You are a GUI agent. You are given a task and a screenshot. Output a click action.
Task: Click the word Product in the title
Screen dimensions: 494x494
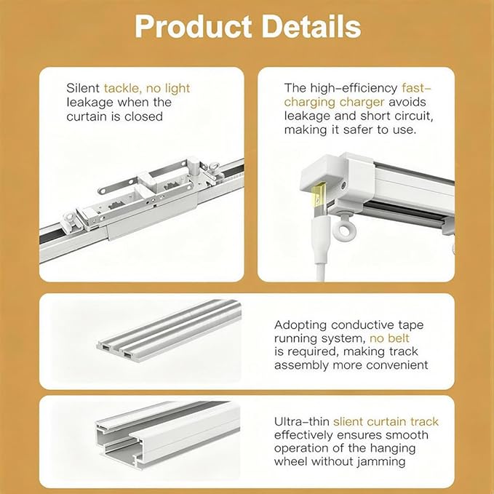[193, 27]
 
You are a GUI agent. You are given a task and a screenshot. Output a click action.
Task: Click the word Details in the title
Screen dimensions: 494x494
[311, 27]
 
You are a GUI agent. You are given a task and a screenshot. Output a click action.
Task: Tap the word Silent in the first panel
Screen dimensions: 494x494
[83, 88]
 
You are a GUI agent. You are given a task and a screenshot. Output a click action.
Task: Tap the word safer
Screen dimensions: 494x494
[360, 130]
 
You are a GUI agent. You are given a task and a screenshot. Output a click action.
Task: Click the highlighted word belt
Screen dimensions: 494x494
[399, 338]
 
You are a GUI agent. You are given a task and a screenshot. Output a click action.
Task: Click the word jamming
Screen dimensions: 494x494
[381, 462]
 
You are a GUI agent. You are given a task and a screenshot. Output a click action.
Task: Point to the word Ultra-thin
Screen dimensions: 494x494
[302, 421]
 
